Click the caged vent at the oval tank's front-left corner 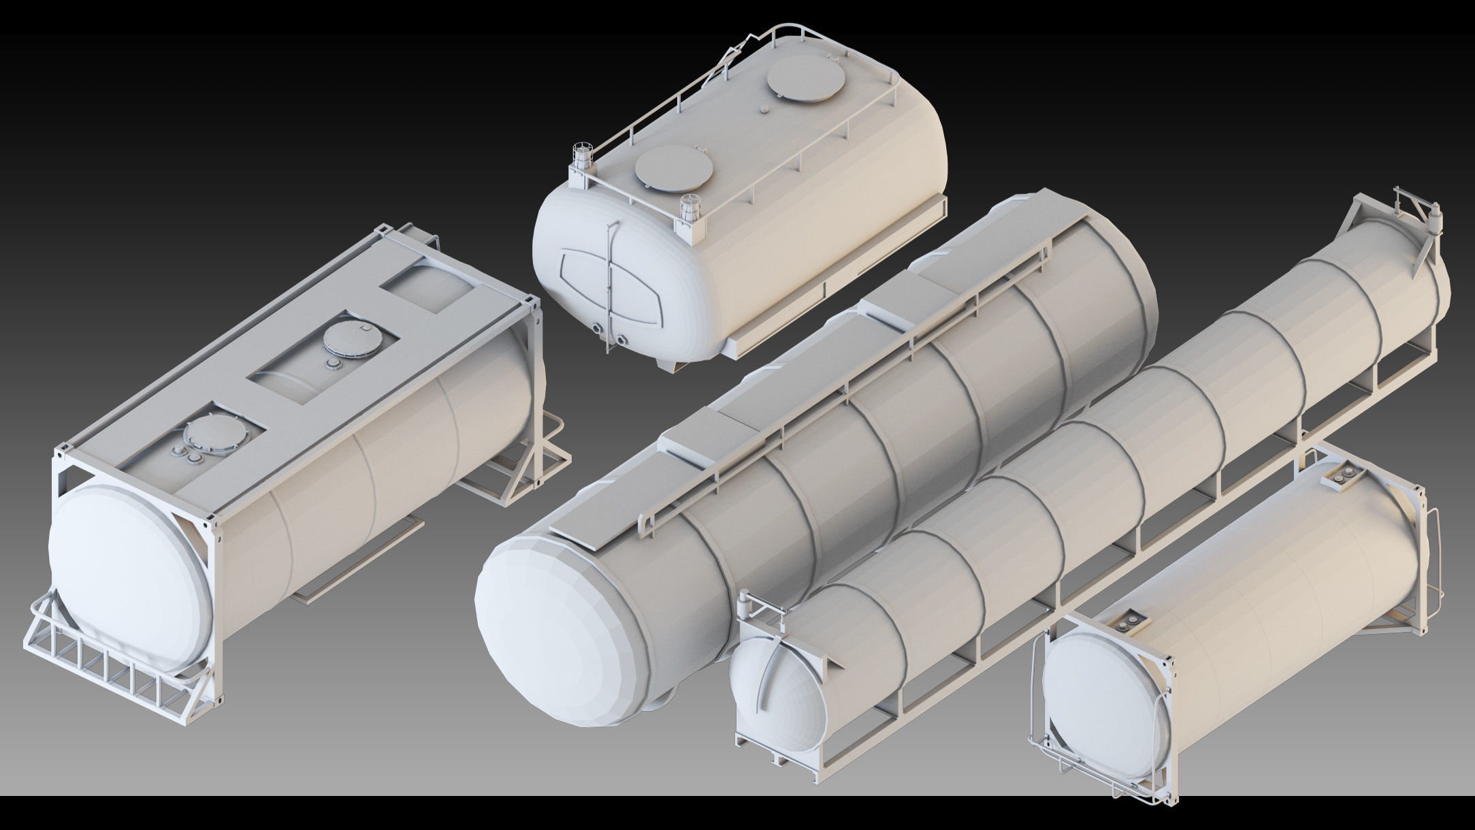tap(582, 157)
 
